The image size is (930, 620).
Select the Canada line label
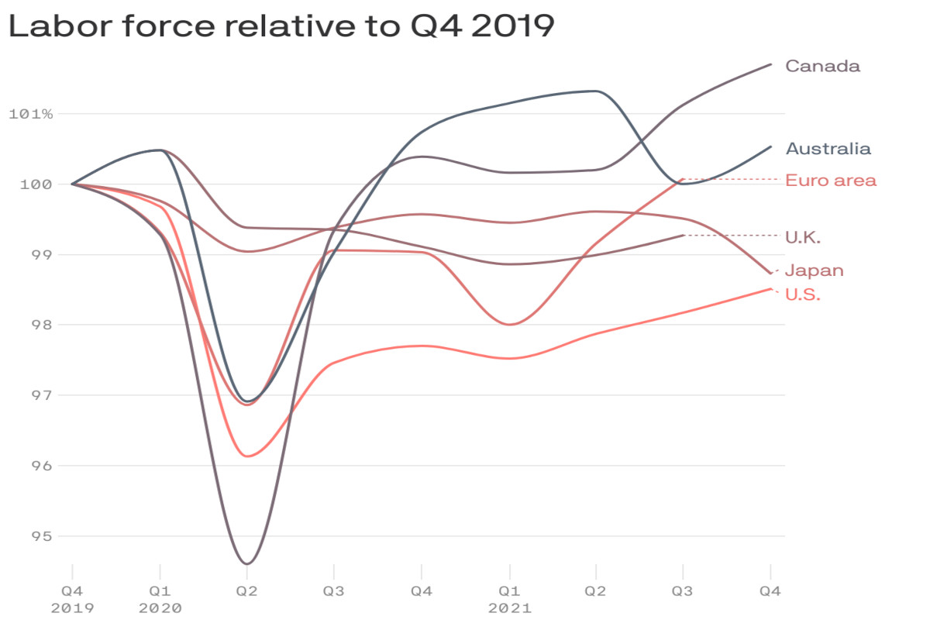(x=822, y=66)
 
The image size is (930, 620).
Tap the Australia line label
(x=828, y=149)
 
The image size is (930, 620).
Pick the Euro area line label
(x=831, y=181)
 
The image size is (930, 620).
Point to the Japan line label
(x=814, y=270)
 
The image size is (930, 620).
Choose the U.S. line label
(x=803, y=294)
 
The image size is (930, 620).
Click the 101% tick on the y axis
(x=31, y=114)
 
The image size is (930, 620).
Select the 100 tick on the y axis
(x=37, y=184)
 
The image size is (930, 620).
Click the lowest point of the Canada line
(x=246, y=563)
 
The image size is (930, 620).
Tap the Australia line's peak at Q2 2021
(x=595, y=91)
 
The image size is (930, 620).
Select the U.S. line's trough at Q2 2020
(x=247, y=456)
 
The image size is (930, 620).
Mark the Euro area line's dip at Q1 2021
(x=509, y=325)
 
